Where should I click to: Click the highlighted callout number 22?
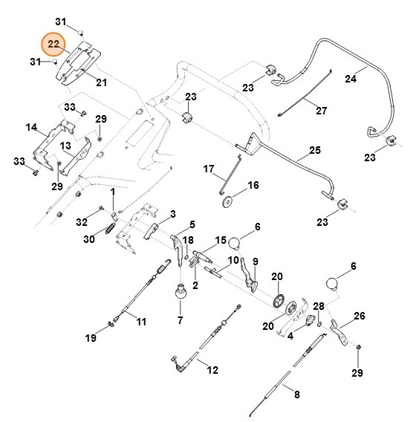click(x=53, y=45)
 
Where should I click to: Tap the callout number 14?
click(x=31, y=128)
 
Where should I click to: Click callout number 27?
click(x=321, y=111)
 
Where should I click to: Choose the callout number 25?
click(x=314, y=150)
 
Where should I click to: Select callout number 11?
click(x=140, y=322)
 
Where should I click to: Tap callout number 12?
click(x=212, y=369)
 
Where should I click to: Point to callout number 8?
click(x=296, y=395)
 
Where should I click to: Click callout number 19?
click(x=91, y=339)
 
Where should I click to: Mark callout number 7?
click(x=180, y=320)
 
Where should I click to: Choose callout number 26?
click(x=360, y=316)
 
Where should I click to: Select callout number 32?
click(x=82, y=221)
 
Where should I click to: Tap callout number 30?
click(x=89, y=239)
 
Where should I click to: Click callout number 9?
click(x=255, y=262)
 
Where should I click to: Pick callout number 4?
click(x=290, y=335)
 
